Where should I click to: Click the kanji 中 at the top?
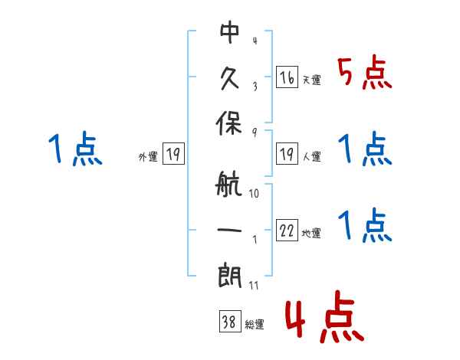pyautogui.click(x=230, y=32)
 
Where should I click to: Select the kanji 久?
pyautogui.click(x=230, y=78)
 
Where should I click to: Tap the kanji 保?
pyautogui.click(x=228, y=123)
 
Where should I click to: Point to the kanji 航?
pyautogui.click(x=228, y=184)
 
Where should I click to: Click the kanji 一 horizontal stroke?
pyautogui.click(x=229, y=230)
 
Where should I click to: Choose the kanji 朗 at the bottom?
pyautogui.click(x=230, y=276)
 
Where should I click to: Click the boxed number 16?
pyautogui.click(x=287, y=77)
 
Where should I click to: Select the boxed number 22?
pyautogui.click(x=287, y=230)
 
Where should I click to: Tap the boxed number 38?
pyautogui.click(x=230, y=321)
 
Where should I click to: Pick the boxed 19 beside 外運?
pyautogui.click(x=173, y=153)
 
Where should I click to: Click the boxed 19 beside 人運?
pyautogui.click(x=287, y=153)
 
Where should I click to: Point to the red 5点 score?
pyautogui.click(x=365, y=72)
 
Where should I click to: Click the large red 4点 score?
pyautogui.click(x=325, y=316)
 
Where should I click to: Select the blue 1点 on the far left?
pyautogui.click(x=75, y=148)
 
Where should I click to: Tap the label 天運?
pyautogui.click(x=312, y=80)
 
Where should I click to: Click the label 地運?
pyautogui.click(x=311, y=233)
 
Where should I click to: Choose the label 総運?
pyautogui.click(x=255, y=324)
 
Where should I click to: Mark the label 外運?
pyautogui.click(x=148, y=156)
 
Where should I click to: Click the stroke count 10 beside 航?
pyautogui.click(x=254, y=194)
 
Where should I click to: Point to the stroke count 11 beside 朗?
pyautogui.click(x=254, y=285)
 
